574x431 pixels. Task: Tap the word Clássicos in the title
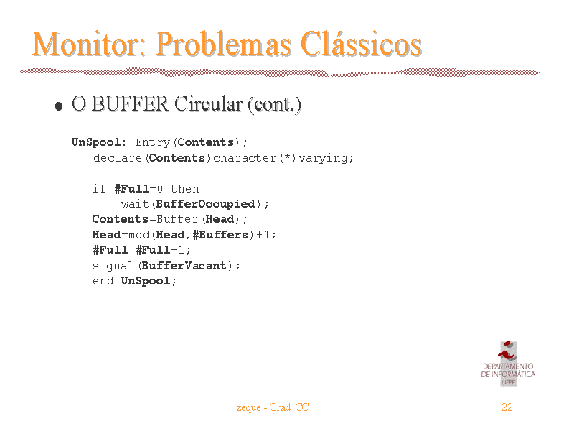point(361,44)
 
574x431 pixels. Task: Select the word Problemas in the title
point(223,44)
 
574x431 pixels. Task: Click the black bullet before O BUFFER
point(59,106)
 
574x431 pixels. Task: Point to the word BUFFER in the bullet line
point(130,103)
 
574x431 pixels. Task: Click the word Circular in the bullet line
point(208,103)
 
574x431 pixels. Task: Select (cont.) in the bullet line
point(275,105)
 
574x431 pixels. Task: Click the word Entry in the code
point(153,142)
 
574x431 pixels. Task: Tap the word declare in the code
point(118,158)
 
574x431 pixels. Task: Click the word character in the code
point(245,158)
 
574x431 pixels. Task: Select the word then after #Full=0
point(184,189)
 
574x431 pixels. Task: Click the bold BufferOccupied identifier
point(205,204)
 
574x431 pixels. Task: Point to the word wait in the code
point(135,204)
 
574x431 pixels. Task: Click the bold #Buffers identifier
point(220,235)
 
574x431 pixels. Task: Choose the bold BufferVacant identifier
point(184,265)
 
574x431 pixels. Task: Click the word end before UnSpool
point(103,281)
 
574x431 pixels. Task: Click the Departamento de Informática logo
point(508,364)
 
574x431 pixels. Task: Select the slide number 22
point(507,407)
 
